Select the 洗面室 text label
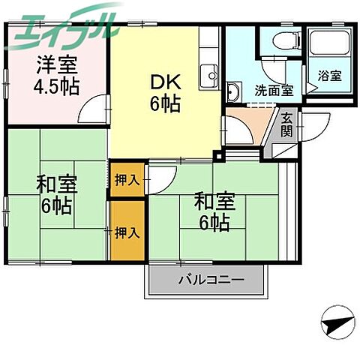coord(273,90)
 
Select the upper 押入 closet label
coord(126,180)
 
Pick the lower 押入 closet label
coord(127,233)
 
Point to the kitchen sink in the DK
coord(207,74)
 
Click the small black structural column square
coord(217,157)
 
